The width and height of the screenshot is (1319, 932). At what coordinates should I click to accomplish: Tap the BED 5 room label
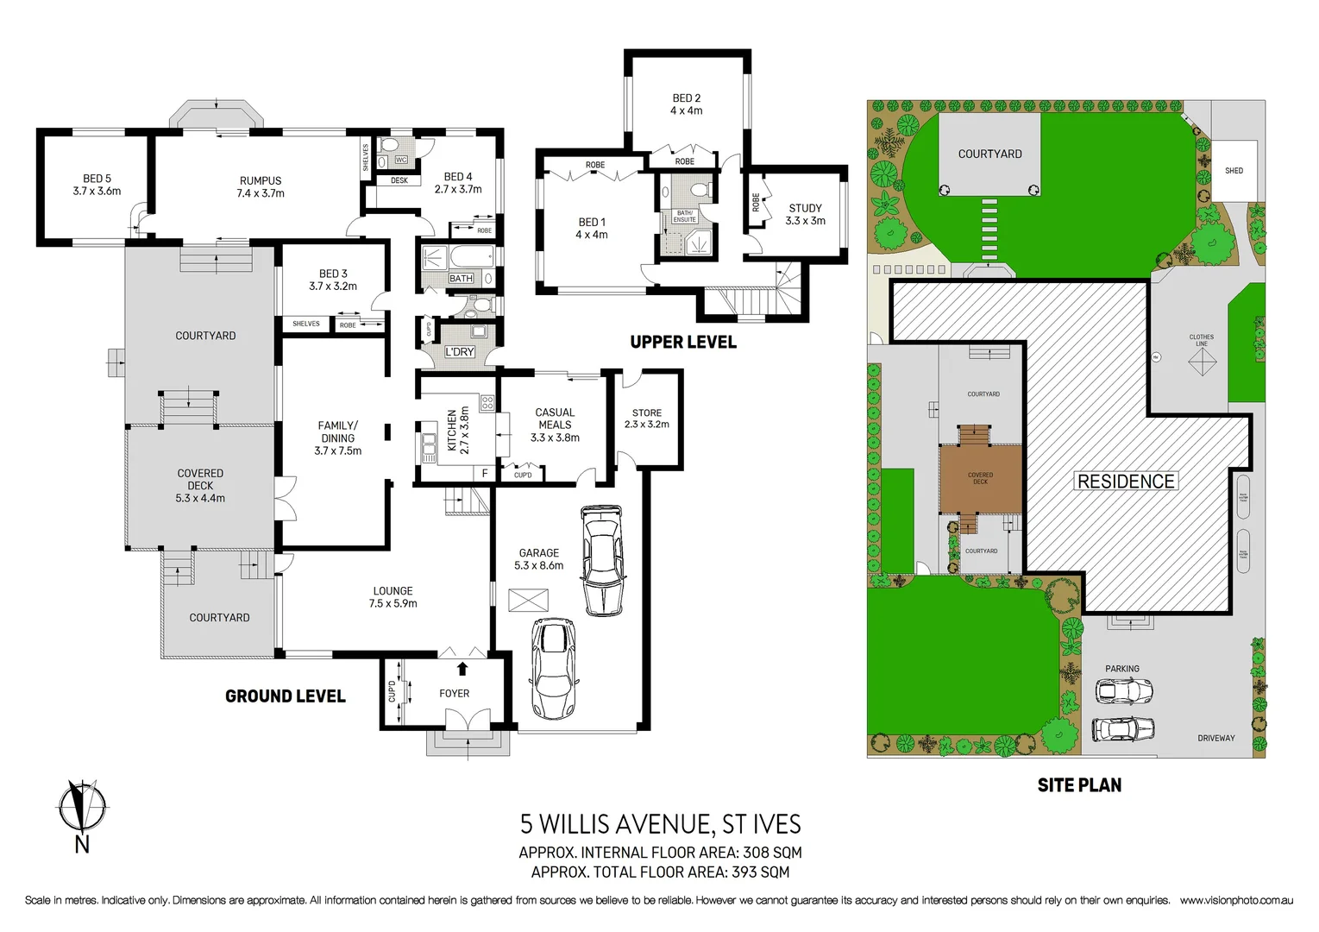click(97, 185)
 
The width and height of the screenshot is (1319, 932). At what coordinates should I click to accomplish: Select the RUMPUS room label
click(261, 186)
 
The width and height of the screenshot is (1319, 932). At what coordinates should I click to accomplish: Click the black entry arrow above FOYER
click(462, 668)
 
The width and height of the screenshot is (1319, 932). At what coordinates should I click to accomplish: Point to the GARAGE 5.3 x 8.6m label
click(538, 559)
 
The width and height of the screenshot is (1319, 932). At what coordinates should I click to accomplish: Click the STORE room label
click(646, 419)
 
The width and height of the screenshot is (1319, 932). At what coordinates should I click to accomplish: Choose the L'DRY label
click(460, 352)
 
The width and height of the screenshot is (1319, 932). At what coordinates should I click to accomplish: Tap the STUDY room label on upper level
click(805, 214)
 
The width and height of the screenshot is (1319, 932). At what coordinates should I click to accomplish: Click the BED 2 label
click(687, 104)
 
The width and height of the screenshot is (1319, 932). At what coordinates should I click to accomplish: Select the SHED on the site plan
click(1234, 171)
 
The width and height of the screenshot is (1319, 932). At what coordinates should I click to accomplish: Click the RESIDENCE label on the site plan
click(1126, 482)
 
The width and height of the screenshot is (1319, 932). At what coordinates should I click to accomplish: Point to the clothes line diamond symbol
click(1202, 362)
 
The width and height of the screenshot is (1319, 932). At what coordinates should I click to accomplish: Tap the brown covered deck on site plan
click(981, 479)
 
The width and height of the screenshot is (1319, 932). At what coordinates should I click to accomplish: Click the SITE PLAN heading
click(1079, 785)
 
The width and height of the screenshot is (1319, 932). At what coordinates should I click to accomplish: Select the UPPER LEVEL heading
click(683, 342)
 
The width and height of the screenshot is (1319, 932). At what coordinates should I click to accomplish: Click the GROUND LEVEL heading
click(286, 696)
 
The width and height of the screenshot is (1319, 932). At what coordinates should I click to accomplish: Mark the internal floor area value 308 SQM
click(772, 853)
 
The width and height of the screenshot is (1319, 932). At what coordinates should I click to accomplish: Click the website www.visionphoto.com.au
click(1236, 900)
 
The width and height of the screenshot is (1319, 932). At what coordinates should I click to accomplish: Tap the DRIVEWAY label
click(1215, 738)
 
